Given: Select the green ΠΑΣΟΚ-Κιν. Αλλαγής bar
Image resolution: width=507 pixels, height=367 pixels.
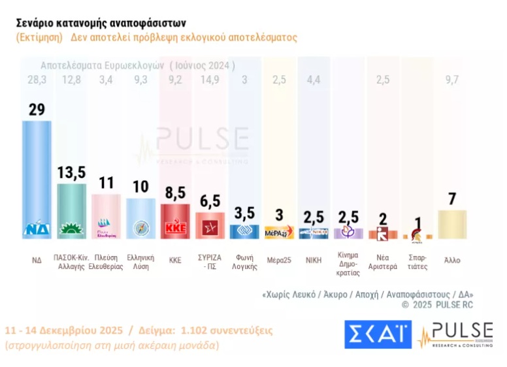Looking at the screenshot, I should [x=71, y=209].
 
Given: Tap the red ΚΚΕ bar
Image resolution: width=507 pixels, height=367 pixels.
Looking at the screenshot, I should [x=174, y=221].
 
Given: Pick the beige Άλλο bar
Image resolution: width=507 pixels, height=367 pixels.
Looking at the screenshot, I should [x=452, y=224].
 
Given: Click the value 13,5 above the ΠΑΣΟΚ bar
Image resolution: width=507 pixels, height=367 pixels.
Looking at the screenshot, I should [x=71, y=173].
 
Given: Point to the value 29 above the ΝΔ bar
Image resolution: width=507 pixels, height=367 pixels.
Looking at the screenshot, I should [x=37, y=109].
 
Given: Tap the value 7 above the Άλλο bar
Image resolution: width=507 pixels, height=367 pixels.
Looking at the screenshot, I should [x=452, y=198].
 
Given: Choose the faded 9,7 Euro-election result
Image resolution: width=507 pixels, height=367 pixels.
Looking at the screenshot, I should [x=452, y=80].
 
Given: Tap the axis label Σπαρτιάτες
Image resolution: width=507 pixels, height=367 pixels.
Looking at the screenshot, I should [x=417, y=262].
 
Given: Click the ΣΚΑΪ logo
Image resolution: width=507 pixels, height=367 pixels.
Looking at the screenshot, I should [x=378, y=334].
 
